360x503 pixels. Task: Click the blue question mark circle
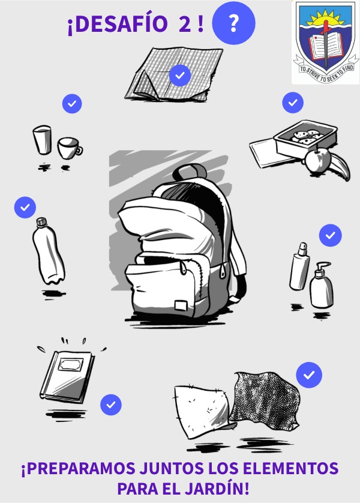tap(233, 23)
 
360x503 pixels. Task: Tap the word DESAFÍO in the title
tap(117, 25)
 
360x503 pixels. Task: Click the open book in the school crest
tap(325, 46)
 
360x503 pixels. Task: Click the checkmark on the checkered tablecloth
tap(180, 76)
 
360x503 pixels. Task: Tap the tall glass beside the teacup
tap(43, 139)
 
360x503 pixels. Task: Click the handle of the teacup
tap(78, 150)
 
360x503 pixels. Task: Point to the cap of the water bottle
tap(41, 222)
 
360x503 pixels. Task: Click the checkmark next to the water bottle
tap(25, 207)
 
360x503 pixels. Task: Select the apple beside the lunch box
tap(317, 160)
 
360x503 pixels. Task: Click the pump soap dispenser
tap(321, 286)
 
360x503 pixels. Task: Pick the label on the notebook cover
tap(70, 365)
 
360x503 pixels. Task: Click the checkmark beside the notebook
tap(111, 405)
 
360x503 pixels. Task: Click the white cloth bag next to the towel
tap(203, 411)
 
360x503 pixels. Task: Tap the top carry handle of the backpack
tap(190, 171)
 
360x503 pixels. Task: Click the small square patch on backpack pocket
tap(181, 305)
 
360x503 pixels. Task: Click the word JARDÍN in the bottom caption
tap(217, 489)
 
